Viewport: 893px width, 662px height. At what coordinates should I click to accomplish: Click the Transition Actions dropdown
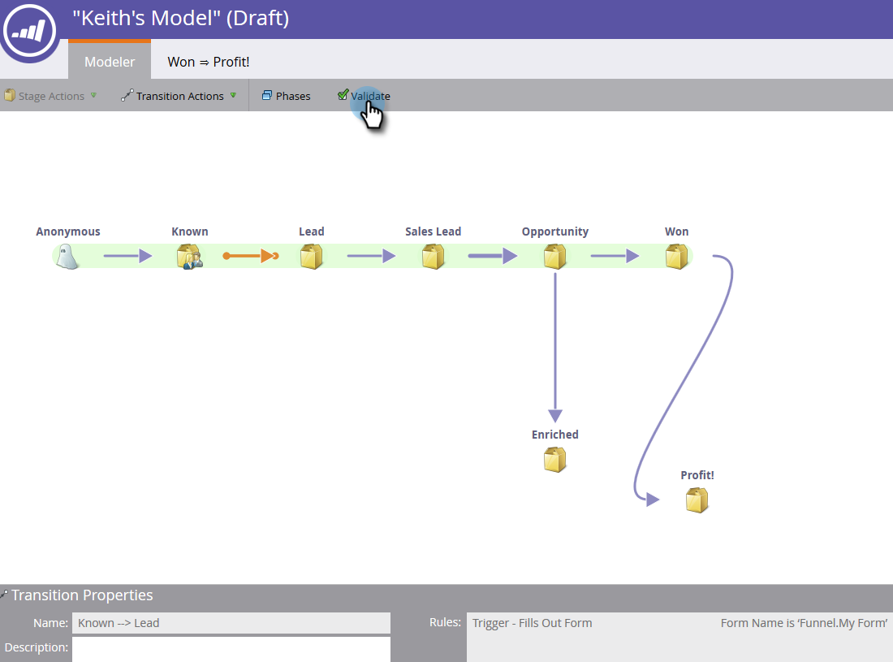tap(179, 96)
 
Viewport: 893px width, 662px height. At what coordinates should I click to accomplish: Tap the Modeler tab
tap(110, 61)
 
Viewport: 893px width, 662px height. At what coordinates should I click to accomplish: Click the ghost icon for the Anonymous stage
tap(68, 257)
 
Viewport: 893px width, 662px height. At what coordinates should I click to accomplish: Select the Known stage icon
tap(189, 257)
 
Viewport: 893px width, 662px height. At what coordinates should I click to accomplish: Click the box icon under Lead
tap(312, 257)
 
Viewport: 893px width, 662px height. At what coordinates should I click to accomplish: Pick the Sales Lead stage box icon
tap(434, 257)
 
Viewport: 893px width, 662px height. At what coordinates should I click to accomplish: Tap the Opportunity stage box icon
tap(555, 257)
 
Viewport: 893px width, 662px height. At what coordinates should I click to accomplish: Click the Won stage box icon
tap(677, 257)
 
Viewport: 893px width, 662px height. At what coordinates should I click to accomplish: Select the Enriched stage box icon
tap(555, 460)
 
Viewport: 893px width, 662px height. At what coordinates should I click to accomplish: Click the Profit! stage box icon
tap(697, 500)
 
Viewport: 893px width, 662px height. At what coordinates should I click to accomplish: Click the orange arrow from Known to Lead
tap(250, 256)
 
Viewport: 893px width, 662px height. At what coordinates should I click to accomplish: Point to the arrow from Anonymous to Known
tap(127, 256)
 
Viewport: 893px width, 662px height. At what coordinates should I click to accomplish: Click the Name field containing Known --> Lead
tap(231, 623)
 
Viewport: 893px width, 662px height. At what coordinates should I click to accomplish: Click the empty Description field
tap(231, 648)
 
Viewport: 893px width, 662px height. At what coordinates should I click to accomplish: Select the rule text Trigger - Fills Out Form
tap(533, 623)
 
